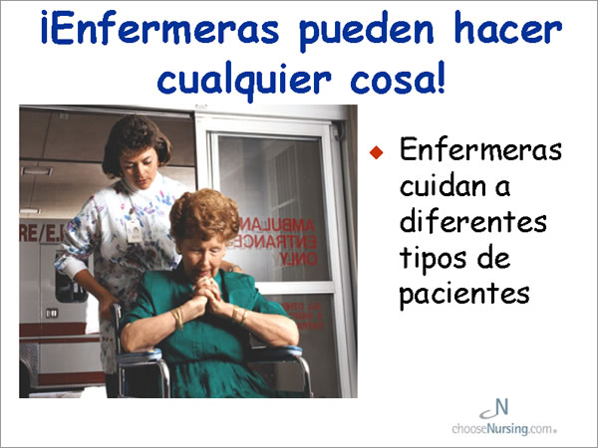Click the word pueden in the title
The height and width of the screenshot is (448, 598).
(x=367, y=31)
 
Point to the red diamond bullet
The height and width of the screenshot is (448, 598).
(x=376, y=152)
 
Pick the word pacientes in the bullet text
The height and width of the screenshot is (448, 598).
(x=464, y=294)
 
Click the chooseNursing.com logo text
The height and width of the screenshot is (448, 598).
(x=503, y=428)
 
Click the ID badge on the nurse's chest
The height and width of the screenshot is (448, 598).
(x=134, y=231)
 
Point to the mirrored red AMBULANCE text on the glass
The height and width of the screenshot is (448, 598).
(x=277, y=225)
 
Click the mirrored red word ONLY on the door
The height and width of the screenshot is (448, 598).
(x=299, y=259)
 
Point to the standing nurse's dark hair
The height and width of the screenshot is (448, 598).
(x=137, y=142)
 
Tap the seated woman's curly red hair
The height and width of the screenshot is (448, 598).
(x=203, y=215)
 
